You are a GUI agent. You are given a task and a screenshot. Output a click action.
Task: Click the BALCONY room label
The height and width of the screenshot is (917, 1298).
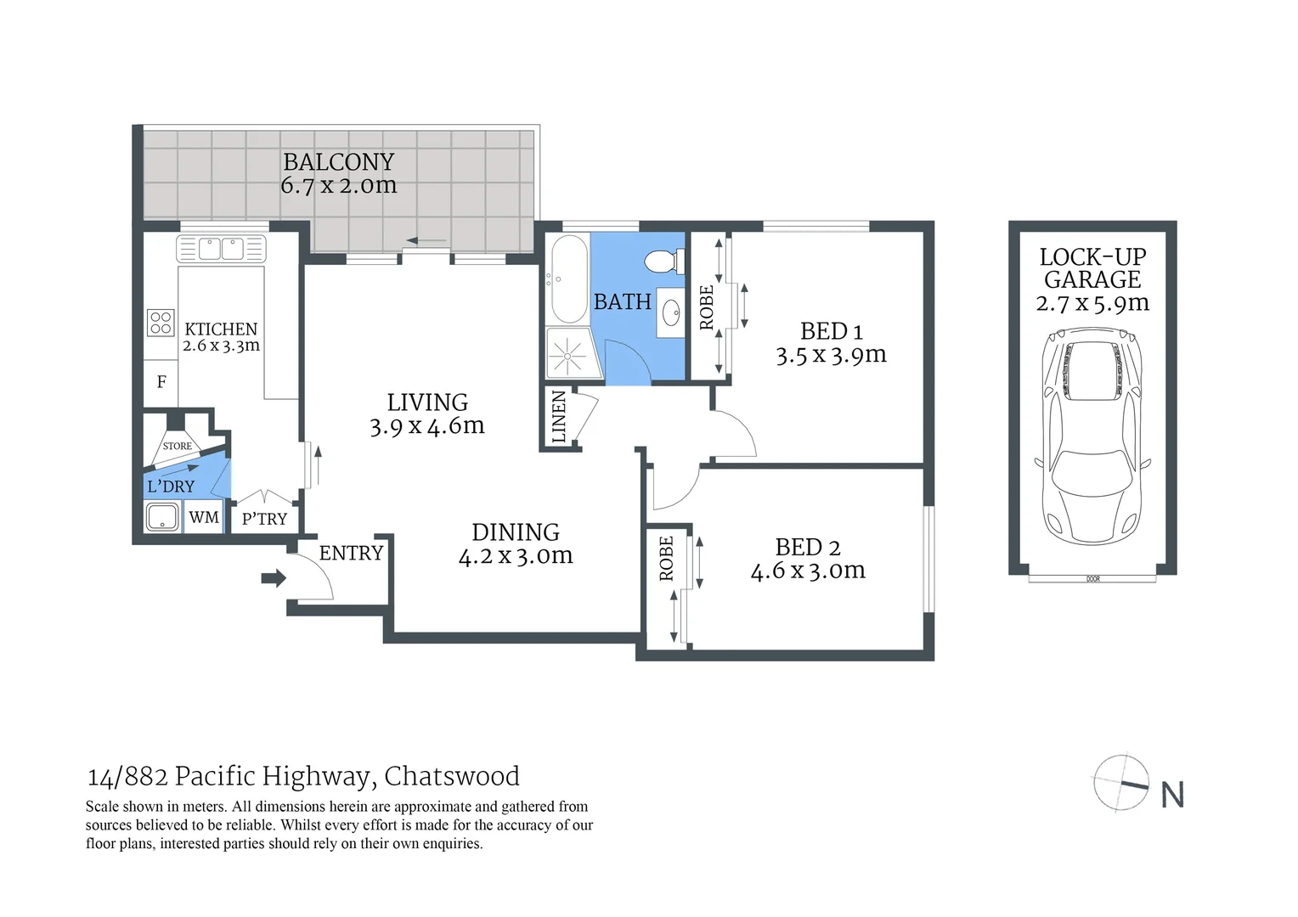[x=338, y=162]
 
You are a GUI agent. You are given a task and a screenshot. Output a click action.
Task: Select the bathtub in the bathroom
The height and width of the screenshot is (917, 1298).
[x=568, y=278]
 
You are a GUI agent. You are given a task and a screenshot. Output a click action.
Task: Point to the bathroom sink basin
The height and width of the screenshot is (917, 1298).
[x=671, y=312]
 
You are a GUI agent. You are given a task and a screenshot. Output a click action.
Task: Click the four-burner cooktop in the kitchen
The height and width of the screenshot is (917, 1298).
[x=161, y=323]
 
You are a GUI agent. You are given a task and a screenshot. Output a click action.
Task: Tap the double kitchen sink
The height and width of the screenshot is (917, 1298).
[x=221, y=249]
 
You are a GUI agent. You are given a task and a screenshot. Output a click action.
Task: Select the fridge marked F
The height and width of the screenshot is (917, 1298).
[x=161, y=382]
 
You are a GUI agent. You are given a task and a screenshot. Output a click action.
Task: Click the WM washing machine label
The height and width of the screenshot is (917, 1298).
[x=204, y=517]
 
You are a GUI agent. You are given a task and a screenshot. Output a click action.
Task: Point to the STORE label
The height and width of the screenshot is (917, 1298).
[x=177, y=446]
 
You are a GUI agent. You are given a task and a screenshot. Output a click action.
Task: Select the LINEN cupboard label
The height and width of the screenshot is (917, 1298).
[x=558, y=416]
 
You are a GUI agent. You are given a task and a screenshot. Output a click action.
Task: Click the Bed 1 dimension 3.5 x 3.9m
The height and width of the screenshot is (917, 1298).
[x=831, y=355]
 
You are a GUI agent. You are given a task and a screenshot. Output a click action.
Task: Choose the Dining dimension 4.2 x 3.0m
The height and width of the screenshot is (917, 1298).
[x=516, y=556]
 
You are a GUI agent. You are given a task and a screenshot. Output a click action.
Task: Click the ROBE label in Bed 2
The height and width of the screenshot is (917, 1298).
[x=666, y=559]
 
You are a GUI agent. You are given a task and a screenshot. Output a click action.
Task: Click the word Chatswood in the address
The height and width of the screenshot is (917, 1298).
[x=452, y=776]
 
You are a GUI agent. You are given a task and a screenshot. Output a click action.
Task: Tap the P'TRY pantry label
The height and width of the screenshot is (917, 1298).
[x=264, y=519]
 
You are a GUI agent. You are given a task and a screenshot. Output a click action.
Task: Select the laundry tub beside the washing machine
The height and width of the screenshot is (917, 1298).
[x=162, y=516]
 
